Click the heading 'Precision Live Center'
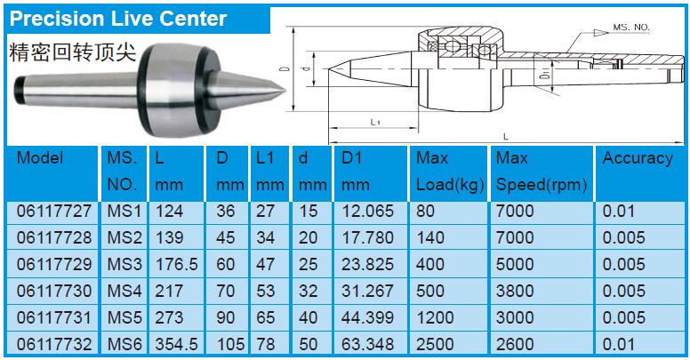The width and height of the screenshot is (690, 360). (118, 19)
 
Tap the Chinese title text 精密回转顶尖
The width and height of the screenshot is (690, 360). (73, 52)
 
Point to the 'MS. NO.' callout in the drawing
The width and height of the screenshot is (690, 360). (631, 28)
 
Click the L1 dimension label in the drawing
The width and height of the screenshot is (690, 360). (375, 122)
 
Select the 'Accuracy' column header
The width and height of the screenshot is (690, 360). (638, 158)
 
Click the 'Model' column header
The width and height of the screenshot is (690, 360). (40, 157)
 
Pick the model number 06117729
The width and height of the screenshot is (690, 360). (54, 264)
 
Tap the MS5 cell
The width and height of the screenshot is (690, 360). (124, 317)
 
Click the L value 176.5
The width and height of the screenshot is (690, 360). (176, 264)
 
